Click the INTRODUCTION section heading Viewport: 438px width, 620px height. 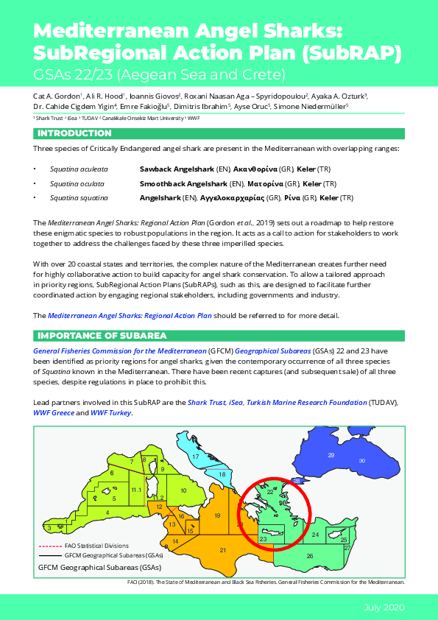[74, 133]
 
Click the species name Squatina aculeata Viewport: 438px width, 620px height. [79, 169]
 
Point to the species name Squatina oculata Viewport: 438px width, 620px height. [77, 183]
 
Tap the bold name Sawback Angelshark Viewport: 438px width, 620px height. [184, 169]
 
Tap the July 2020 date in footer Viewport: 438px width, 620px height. [384, 607]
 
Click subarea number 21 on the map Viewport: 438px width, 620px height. [223, 550]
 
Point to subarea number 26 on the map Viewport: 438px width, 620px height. [310, 556]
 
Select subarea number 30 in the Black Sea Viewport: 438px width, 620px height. [361, 461]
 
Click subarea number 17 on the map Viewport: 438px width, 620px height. [196, 457]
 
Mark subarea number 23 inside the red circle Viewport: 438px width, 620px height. [263, 540]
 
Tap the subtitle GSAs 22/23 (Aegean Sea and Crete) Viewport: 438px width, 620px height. [158, 74]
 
